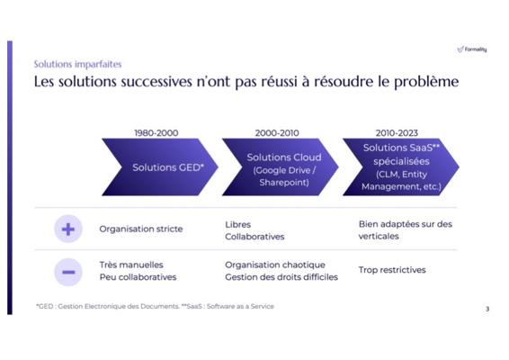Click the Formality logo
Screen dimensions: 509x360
[472, 49]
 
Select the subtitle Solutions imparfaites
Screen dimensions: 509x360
[77, 64]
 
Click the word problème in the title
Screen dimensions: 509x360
[426, 82]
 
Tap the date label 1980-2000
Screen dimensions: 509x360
[156, 133]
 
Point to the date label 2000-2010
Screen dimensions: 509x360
[277, 133]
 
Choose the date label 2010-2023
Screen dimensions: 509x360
[397, 133]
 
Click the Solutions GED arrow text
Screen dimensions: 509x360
[168, 167]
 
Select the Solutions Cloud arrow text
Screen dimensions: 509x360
[284, 157]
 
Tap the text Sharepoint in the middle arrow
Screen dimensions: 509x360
[284, 183]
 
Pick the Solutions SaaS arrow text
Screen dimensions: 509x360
[401, 148]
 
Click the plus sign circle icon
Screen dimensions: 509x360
[68, 229]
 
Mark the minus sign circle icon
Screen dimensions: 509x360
[68, 272]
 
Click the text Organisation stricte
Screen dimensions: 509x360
[141, 229]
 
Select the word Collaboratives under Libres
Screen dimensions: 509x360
[254, 237]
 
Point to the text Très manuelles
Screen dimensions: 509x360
[131, 265]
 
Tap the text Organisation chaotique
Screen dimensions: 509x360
[275, 265]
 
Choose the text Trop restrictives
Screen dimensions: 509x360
[392, 270]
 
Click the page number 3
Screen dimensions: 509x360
[487, 309]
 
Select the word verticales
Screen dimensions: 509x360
[379, 236]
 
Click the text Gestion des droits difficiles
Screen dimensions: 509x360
[281, 277]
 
